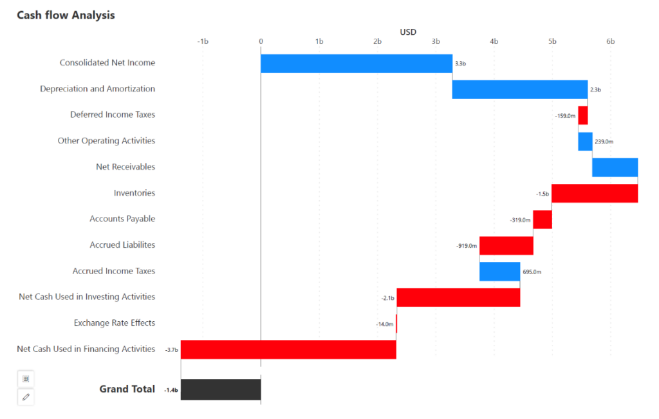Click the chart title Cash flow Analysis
pyautogui.click(x=66, y=15)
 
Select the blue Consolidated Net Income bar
pyautogui.click(x=356, y=63)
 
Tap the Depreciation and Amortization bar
pyautogui.click(x=519, y=89)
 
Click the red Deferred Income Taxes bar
pyautogui.click(x=582, y=115)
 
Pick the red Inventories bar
pyautogui.click(x=594, y=193)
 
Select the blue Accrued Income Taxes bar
pyautogui.click(x=499, y=272)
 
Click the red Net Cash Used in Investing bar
pyautogui.click(x=458, y=297)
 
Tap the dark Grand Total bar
pyautogui.click(x=221, y=389)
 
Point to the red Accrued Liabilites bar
pyautogui.click(x=506, y=245)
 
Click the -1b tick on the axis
pyautogui.click(x=203, y=41)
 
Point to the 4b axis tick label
pyautogui.click(x=494, y=41)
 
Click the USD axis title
pyautogui.click(x=408, y=32)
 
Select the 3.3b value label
pyautogui.click(x=460, y=64)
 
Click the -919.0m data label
pyautogui.click(x=467, y=246)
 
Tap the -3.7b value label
pyautogui.click(x=171, y=350)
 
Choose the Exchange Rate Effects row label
pyautogui.click(x=115, y=323)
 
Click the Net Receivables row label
pyautogui.click(x=125, y=167)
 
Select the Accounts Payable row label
pyautogui.click(x=122, y=219)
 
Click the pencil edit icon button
pyautogui.click(x=26, y=397)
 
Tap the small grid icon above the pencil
pyautogui.click(x=26, y=379)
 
